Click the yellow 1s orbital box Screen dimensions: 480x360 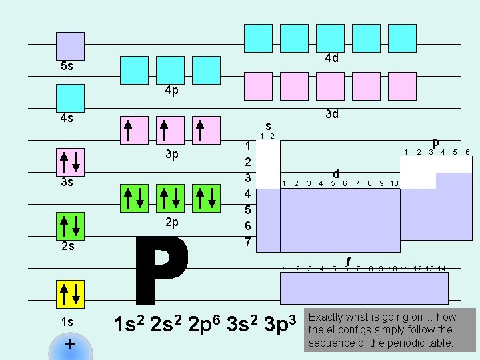coord(70,294)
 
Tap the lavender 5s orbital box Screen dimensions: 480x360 coord(70,46)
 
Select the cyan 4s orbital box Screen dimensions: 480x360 coord(70,98)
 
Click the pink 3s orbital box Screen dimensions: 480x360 coord(70,162)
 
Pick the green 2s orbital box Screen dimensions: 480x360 coord(70,226)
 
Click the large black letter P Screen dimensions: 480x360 coord(161,270)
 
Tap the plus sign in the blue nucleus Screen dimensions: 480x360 coord(70,344)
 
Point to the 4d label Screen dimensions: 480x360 coord(332,58)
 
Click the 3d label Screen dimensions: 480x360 coord(332,114)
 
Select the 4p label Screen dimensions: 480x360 coord(172,91)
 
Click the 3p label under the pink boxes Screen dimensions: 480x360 coord(172,154)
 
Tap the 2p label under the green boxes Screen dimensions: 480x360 coord(172,223)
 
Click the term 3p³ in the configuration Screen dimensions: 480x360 coord(280,324)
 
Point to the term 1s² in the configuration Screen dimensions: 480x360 coord(129,324)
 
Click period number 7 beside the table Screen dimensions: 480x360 coord(248,242)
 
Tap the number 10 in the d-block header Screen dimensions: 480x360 coord(394,183)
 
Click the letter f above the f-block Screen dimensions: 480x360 coord(348,261)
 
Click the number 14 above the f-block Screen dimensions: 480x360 coord(441,269)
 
